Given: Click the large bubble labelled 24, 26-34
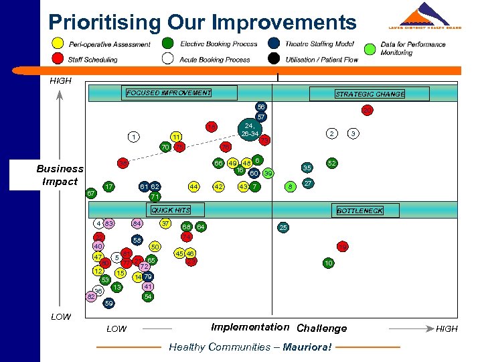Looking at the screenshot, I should click(249, 129).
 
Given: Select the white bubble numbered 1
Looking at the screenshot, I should click(135, 137).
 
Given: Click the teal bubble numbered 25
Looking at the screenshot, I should click(283, 228).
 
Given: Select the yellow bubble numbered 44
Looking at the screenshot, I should click(193, 186).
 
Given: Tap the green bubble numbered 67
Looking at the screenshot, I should click(91, 194).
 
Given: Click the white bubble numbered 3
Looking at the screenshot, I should click(353, 134).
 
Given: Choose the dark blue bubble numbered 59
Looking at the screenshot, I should click(109, 303).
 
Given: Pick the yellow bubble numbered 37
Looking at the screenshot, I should click(165, 223).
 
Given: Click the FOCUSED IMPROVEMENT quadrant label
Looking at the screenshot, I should click(169, 93).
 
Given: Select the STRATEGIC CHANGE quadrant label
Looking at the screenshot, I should click(370, 95).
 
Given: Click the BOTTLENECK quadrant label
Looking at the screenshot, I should click(359, 210).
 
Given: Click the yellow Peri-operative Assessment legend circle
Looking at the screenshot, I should click(58, 45).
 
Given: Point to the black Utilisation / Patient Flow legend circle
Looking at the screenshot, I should click(274, 58).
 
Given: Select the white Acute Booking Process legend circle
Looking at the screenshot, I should click(168, 58).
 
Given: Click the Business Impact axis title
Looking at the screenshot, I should click(60, 175).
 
